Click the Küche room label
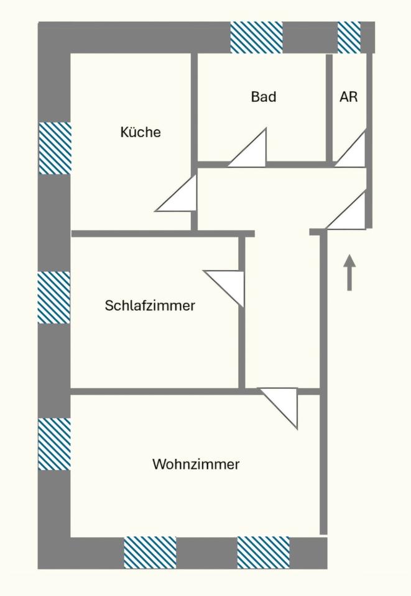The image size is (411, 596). pos(141,132)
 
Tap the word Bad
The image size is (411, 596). pos(264,97)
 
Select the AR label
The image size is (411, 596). pos(349,97)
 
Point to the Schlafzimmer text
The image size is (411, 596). pos(150,305)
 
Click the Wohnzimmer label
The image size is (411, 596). pos(196,464)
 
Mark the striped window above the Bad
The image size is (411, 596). pos(257,37)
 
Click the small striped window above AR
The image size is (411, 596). pos(349,37)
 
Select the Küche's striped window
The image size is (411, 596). pos(55,148)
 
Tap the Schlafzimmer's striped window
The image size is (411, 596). pos(54,297)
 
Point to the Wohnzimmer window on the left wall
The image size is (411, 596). pos(54,444)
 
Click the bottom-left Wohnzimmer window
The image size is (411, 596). pos(150,553)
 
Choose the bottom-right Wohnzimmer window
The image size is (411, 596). pos(263,553)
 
